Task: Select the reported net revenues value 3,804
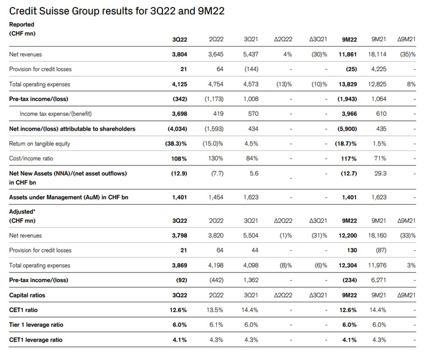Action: (x=177, y=55)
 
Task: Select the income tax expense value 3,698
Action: (x=177, y=114)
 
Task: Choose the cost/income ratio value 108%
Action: (x=178, y=158)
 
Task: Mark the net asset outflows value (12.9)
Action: (x=178, y=174)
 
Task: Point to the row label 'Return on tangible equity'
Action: (x=44, y=144)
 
